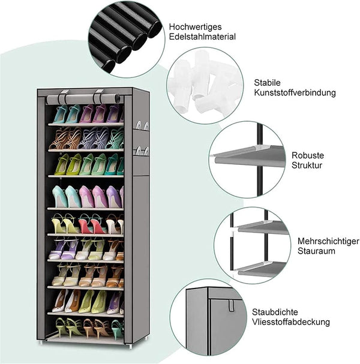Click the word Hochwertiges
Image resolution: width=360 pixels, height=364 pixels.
pyautogui.click(x=196, y=27)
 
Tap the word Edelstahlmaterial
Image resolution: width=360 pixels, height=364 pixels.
pyautogui.click(x=202, y=37)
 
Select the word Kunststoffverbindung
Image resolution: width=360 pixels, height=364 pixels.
pyautogui.click(x=295, y=92)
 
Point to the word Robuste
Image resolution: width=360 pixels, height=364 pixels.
pyautogui.click(x=308, y=155)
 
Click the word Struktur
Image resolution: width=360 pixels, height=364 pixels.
pyautogui.click(x=307, y=166)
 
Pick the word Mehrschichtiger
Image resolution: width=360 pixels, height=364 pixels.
pyautogui.click(x=328, y=241)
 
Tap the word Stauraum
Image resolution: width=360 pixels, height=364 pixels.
pyautogui.click(x=316, y=251)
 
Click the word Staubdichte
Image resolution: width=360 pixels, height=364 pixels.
pyautogui.click(x=275, y=312)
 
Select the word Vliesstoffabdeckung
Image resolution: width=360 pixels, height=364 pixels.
pyautogui.click(x=291, y=322)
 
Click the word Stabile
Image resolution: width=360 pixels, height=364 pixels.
pyautogui.click(x=267, y=82)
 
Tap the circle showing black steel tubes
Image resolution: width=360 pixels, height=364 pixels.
pyautogui.click(x=127, y=39)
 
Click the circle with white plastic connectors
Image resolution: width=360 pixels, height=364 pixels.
pyautogui.click(x=205, y=85)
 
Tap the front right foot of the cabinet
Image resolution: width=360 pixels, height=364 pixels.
pyautogui.click(x=130, y=346)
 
